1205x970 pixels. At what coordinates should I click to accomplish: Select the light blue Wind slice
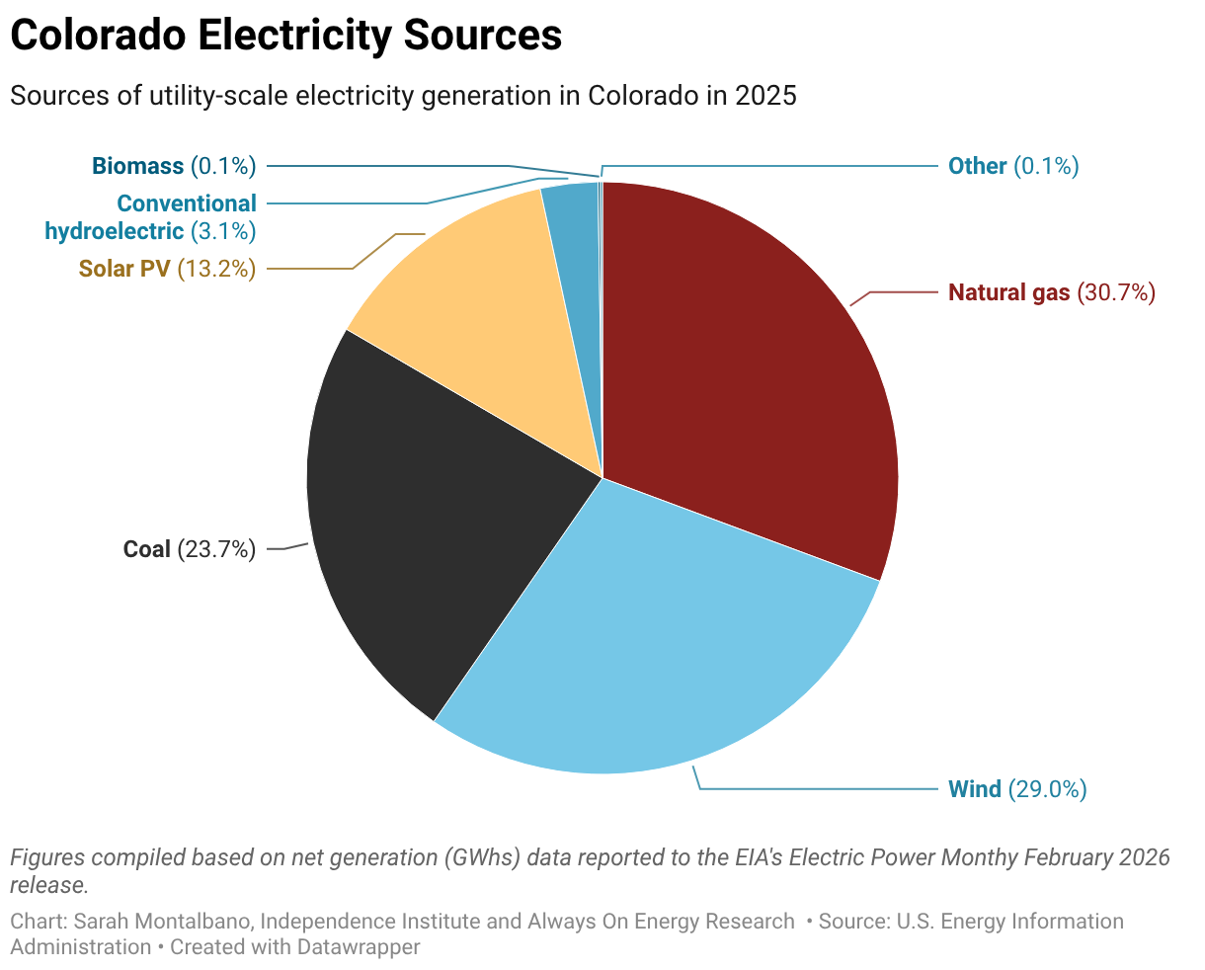click(x=652, y=652)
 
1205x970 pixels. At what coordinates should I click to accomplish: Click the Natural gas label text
click(x=1008, y=292)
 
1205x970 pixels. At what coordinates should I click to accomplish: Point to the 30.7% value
click(x=1115, y=292)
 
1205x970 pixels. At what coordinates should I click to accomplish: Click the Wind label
click(x=974, y=789)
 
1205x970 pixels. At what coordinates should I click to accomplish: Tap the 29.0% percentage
click(x=1047, y=789)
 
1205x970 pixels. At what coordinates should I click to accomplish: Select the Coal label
click(x=146, y=549)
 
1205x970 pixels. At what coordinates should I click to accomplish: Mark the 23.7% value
click(x=216, y=549)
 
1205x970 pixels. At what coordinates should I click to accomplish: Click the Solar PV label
click(x=124, y=269)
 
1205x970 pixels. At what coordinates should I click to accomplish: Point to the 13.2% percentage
click(x=216, y=269)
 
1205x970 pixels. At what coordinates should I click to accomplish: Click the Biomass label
click(x=137, y=166)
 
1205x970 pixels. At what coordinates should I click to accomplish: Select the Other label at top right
click(x=977, y=166)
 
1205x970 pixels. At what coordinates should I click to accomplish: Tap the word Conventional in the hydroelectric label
click(x=186, y=203)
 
